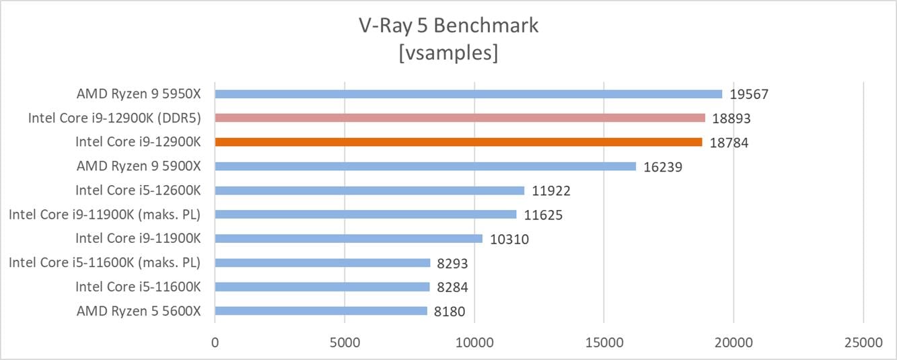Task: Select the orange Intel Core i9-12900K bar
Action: tap(458, 142)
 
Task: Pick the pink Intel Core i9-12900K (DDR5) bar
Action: tap(460, 118)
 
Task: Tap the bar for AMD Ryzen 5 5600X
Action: tap(321, 311)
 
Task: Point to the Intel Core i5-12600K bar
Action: tap(369, 190)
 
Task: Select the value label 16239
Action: tap(662, 167)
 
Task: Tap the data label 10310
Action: tap(509, 239)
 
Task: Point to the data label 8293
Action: tap(452, 263)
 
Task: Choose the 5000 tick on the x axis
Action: tap(345, 343)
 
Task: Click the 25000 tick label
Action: tap(863, 343)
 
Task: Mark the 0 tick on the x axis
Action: tap(215, 343)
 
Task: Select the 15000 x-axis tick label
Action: tap(604, 343)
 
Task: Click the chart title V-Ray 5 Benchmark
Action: tap(448, 26)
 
